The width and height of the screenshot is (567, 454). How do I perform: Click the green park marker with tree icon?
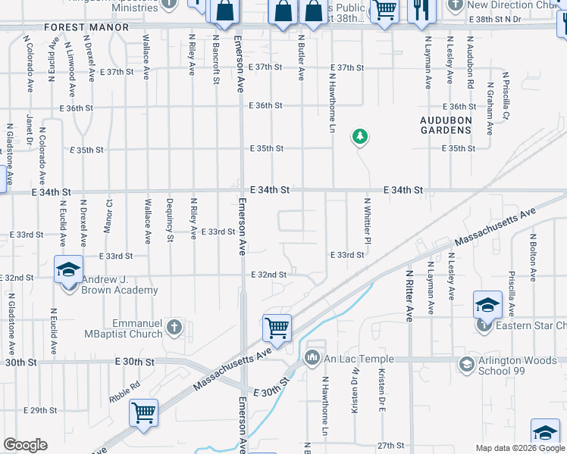(359, 137)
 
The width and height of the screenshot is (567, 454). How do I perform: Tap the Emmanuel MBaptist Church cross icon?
(174, 327)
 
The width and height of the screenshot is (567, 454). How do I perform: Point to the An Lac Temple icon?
(312, 357)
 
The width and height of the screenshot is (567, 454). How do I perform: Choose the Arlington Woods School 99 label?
(520, 365)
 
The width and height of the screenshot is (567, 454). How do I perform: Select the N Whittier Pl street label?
(367, 219)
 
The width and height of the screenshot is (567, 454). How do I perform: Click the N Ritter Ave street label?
(408, 296)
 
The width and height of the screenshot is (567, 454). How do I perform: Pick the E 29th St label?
(40, 411)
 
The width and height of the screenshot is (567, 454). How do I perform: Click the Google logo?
(25, 445)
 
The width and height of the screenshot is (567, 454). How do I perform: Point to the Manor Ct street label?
(110, 215)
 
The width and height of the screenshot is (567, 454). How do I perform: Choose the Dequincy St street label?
(170, 219)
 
